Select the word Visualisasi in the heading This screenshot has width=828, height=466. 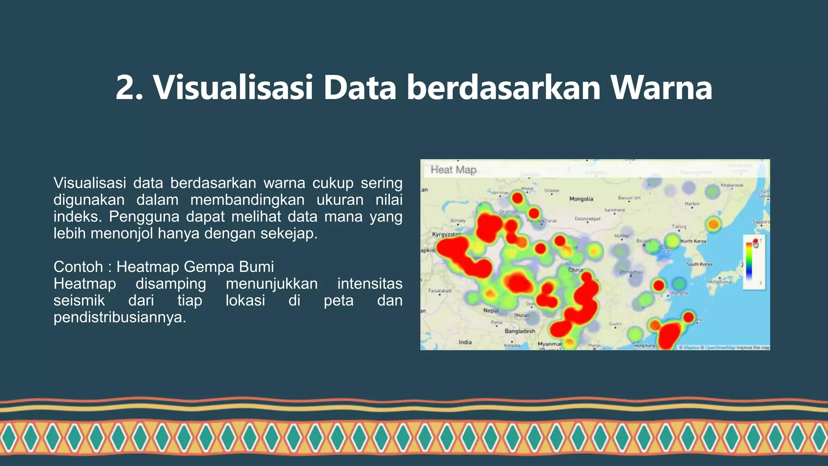(x=233, y=87)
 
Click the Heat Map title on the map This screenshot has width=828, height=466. (x=453, y=170)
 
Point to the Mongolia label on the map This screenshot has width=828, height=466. (x=581, y=199)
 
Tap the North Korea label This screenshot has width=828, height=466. (x=693, y=241)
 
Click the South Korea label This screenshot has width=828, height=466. (x=699, y=264)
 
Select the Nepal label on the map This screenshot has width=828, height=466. (x=491, y=311)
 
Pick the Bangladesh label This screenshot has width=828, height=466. (x=520, y=331)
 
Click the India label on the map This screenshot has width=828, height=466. (x=465, y=342)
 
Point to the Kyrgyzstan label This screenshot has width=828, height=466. (x=446, y=235)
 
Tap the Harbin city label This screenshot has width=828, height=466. (x=692, y=204)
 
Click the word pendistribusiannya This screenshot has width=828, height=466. (x=119, y=317)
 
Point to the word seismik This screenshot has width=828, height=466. (x=79, y=301)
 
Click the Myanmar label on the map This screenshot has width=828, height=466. (x=549, y=344)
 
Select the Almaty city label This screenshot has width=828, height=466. (x=458, y=221)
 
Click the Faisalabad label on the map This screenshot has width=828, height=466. (x=439, y=291)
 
